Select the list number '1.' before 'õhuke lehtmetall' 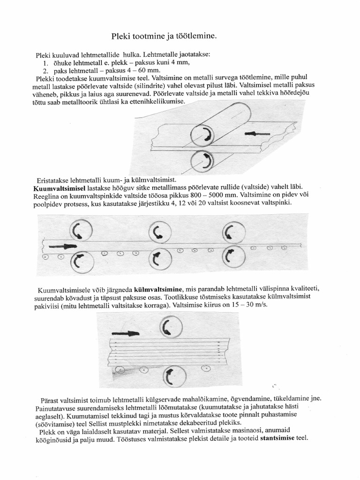tap(46, 63)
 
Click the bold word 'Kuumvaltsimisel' tap(59, 187)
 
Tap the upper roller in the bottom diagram tap(170, 325)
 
